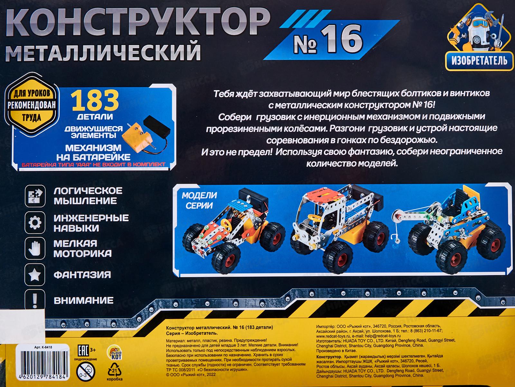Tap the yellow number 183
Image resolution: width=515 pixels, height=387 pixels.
coord(95,101)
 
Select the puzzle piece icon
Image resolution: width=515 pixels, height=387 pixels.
coord(35,196)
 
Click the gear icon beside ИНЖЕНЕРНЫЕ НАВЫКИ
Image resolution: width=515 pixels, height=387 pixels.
coord(35,222)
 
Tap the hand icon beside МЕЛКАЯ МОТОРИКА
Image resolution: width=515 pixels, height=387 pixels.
coord(35,248)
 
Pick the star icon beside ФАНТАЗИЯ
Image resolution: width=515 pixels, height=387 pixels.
coord(35,274)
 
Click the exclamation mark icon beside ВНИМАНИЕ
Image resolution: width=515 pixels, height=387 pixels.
coord(35,300)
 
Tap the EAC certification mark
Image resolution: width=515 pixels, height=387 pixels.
coord(83,351)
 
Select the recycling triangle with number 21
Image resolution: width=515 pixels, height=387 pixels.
coord(115,370)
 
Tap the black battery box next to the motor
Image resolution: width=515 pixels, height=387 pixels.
coord(157,126)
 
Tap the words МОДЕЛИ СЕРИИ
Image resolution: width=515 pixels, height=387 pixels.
coord(200,200)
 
